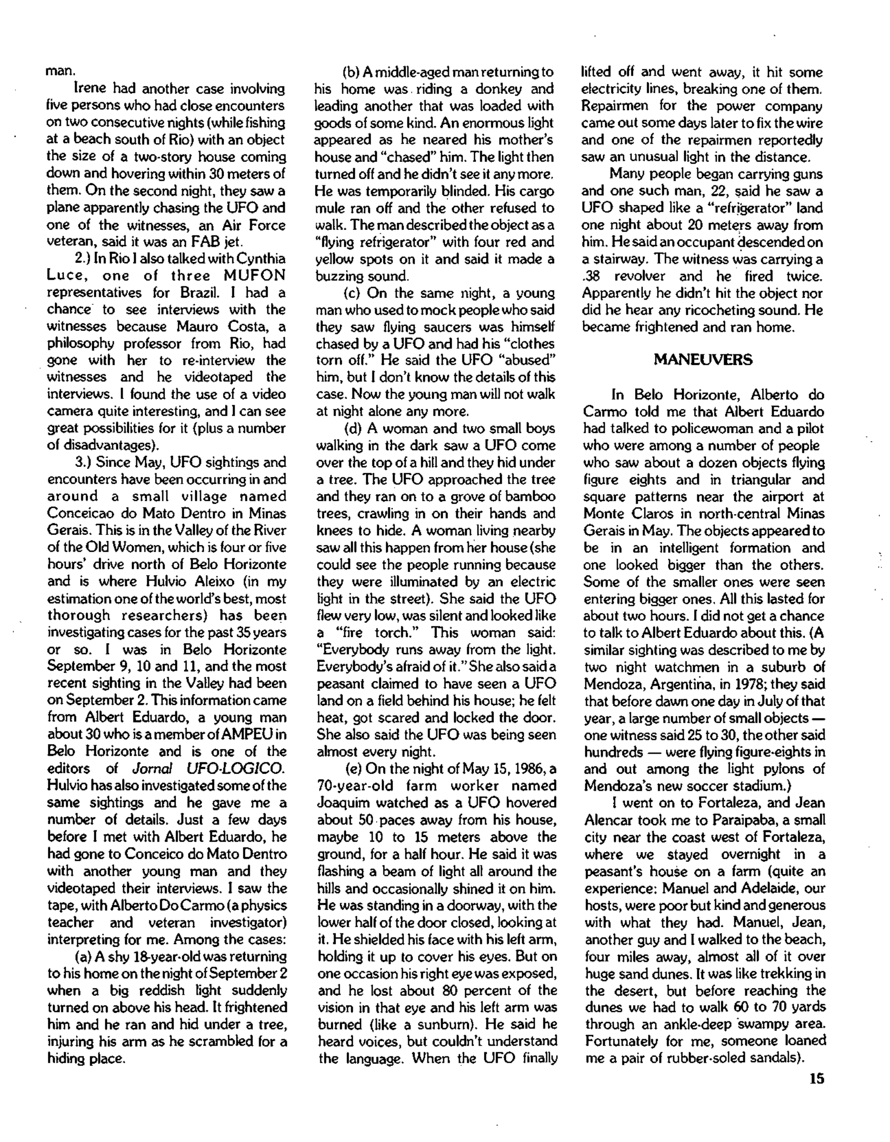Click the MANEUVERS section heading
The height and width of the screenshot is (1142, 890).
point(703,360)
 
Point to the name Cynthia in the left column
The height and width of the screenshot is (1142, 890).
point(261,259)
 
